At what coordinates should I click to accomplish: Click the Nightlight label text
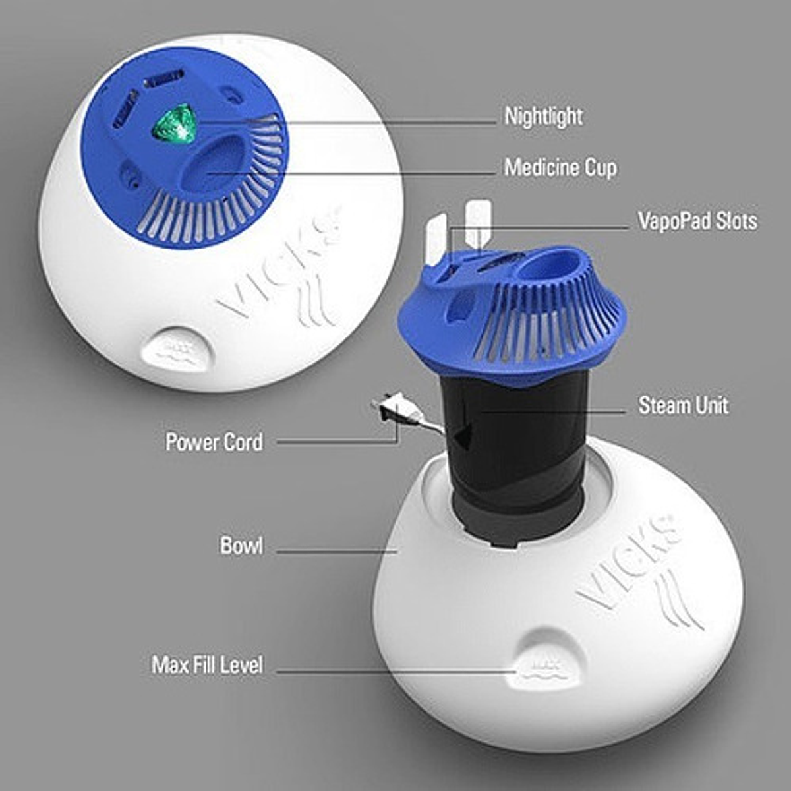tap(543, 117)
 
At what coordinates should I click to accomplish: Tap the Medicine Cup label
tap(560, 167)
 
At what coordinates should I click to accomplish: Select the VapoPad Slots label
tap(697, 221)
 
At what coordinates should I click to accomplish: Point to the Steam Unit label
tap(683, 405)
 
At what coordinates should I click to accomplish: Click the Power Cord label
tap(214, 442)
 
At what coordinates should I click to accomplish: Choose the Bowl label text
tap(241, 546)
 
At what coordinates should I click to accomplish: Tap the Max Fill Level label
tap(208, 664)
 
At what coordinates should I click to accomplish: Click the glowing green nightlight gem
tap(176, 125)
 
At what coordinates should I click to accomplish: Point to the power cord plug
tap(389, 409)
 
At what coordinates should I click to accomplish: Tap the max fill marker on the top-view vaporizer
tap(175, 349)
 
